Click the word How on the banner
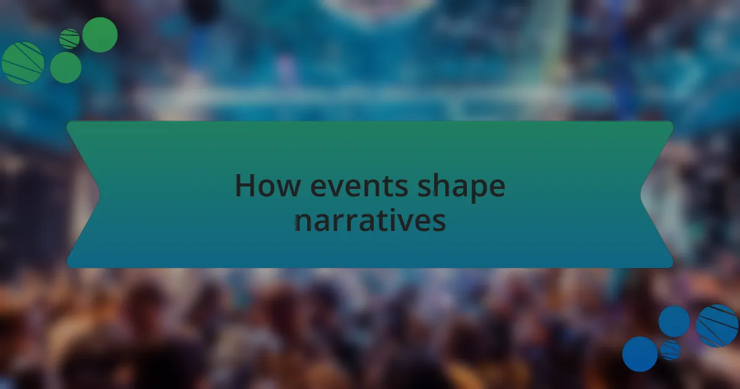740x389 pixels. coord(268,186)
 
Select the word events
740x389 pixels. coord(360,186)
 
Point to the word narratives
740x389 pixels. coord(370,220)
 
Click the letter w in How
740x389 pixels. coord(288,188)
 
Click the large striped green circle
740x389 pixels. coord(23,63)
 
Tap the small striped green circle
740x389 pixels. coord(69,39)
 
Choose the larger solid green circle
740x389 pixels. coord(100,35)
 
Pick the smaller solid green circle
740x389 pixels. coord(66,67)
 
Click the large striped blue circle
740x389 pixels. coord(717,326)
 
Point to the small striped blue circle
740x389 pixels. coord(671,350)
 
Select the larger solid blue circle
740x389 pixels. coord(640,354)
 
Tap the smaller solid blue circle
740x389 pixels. coord(674,322)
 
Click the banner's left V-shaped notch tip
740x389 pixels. coord(99,194)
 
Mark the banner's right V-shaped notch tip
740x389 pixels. coord(641,194)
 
